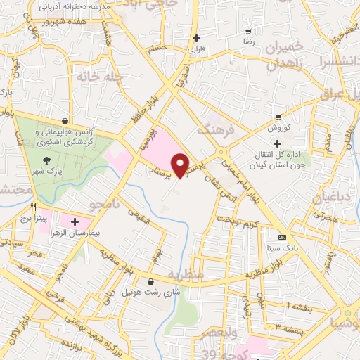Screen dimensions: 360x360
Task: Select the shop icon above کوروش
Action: point(279,117)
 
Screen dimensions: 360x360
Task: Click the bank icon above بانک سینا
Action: point(283,237)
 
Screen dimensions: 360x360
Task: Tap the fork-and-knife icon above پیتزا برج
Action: point(33,208)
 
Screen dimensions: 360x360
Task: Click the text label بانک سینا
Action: point(282,248)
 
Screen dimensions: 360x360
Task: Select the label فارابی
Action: point(196,50)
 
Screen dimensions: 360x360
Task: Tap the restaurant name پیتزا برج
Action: point(33,219)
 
